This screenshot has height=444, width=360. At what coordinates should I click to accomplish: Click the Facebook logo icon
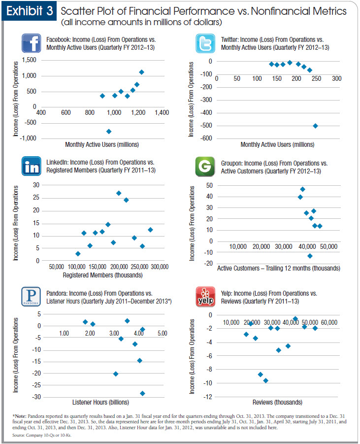pyautogui.click(x=32, y=43)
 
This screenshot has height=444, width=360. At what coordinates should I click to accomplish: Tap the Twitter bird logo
pyautogui.click(x=204, y=43)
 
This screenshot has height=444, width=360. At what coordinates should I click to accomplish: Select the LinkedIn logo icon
pyautogui.click(x=32, y=166)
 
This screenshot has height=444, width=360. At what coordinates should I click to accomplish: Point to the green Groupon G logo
pyautogui.click(x=204, y=166)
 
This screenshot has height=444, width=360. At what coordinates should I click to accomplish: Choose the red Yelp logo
pyautogui.click(x=204, y=297)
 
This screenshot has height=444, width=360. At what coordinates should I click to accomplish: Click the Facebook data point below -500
pyautogui.click(x=109, y=131)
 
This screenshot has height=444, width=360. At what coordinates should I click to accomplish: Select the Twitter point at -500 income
pyautogui.click(x=315, y=126)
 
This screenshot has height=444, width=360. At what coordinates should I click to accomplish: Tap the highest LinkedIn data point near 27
pyautogui.click(x=119, y=193)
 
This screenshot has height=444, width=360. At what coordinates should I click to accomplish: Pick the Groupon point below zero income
pyautogui.click(x=310, y=256)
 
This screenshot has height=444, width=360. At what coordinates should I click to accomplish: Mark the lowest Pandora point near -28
pyautogui.click(x=142, y=393)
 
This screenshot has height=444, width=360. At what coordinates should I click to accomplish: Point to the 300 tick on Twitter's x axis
pyautogui.click(x=336, y=79)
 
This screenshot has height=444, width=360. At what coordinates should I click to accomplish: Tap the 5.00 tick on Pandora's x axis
pyautogui.click(x=162, y=334)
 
